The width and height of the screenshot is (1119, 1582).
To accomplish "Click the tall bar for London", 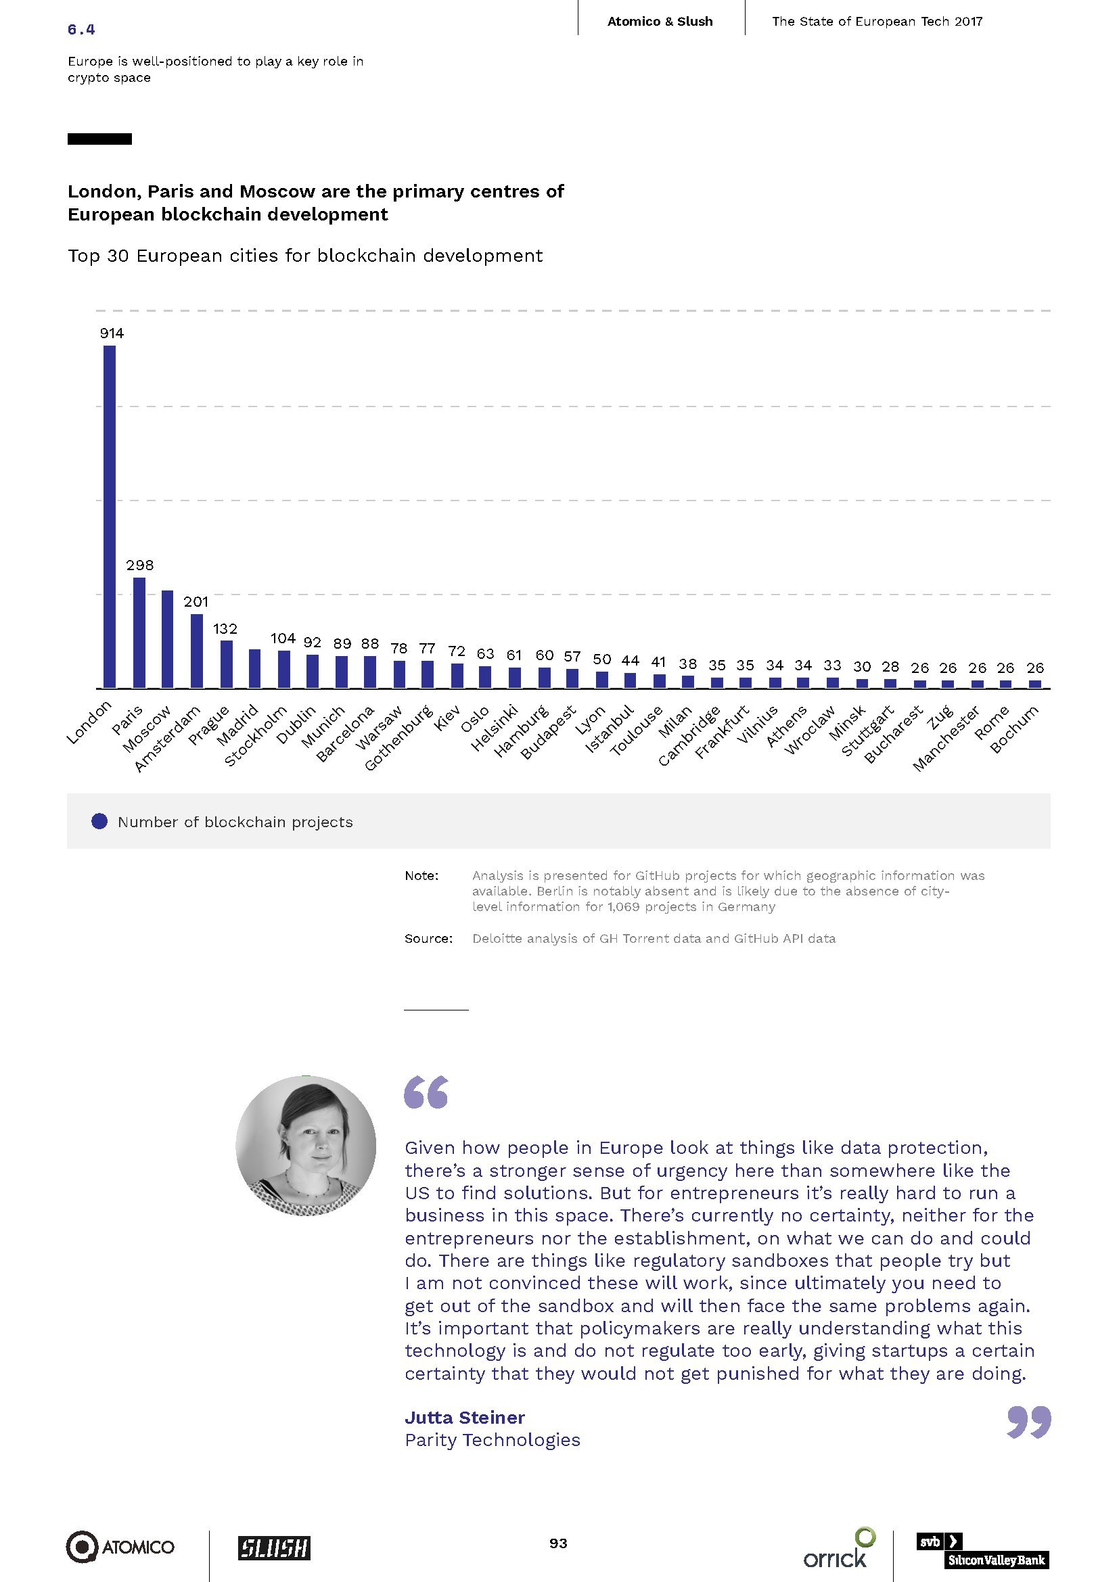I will pos(110,516).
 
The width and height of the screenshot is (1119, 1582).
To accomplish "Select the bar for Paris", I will pos(139,632).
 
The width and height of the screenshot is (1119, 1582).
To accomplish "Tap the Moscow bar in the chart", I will pos(167,638).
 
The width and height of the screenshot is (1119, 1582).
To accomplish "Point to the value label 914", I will pos(112,333).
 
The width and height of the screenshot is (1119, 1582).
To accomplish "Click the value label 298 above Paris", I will pos(140,565).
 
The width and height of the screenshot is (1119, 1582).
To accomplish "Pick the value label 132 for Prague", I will pos(225,628).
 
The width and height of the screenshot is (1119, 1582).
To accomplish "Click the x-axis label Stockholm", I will pos(256,735).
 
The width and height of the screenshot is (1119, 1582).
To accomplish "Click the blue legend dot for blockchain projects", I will pos(100,821).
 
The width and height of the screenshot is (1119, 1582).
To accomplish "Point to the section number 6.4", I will pos(81,29).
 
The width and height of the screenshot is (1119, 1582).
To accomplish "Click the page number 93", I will pos(558,1543).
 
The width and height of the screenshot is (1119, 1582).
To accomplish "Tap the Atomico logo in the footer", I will pos(120,1547).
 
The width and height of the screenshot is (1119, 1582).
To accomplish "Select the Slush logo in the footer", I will pos(274,1548).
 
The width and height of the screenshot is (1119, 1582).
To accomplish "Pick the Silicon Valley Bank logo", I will pos(982,1550).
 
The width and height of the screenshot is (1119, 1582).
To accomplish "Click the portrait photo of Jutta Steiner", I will pos(306,1145).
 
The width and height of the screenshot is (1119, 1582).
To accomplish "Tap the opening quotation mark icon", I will pos(426,1092).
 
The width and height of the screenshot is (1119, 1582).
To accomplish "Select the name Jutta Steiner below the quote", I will pos(464,1418).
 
